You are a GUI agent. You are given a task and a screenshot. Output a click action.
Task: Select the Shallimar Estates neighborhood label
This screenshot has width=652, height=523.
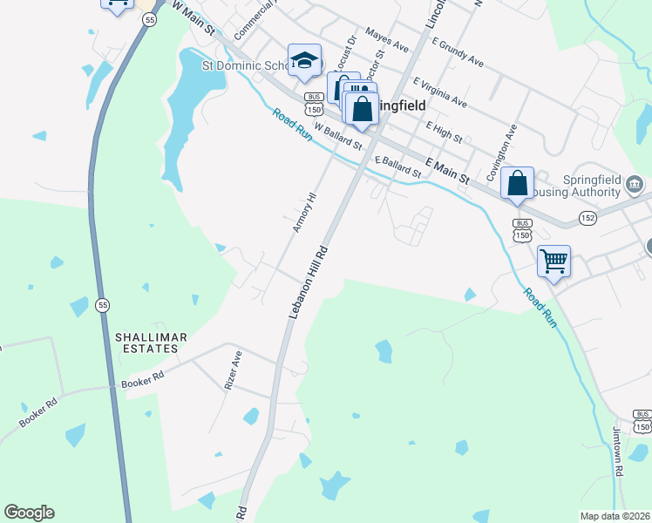pyautogui.click(x=146, y=342)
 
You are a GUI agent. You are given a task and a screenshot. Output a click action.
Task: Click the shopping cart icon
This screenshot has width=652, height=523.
pyautogui.click(x=554, y=261)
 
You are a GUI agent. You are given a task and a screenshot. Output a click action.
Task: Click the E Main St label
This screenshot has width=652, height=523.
pyautogui.click(x=447, y=170)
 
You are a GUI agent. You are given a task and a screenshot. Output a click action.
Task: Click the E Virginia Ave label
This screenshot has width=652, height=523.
pyautogui.click(x=440, y=92)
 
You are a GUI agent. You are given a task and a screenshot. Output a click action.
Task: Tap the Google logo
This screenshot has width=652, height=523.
pyautogui.click(x=29, y=513)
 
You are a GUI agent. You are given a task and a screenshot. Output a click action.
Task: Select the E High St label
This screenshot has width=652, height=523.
pyautogui.click(x=444, y=132)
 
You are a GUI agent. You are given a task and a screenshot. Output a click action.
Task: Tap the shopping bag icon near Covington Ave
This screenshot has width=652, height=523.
pyautogui.click(x=518, y=183)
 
